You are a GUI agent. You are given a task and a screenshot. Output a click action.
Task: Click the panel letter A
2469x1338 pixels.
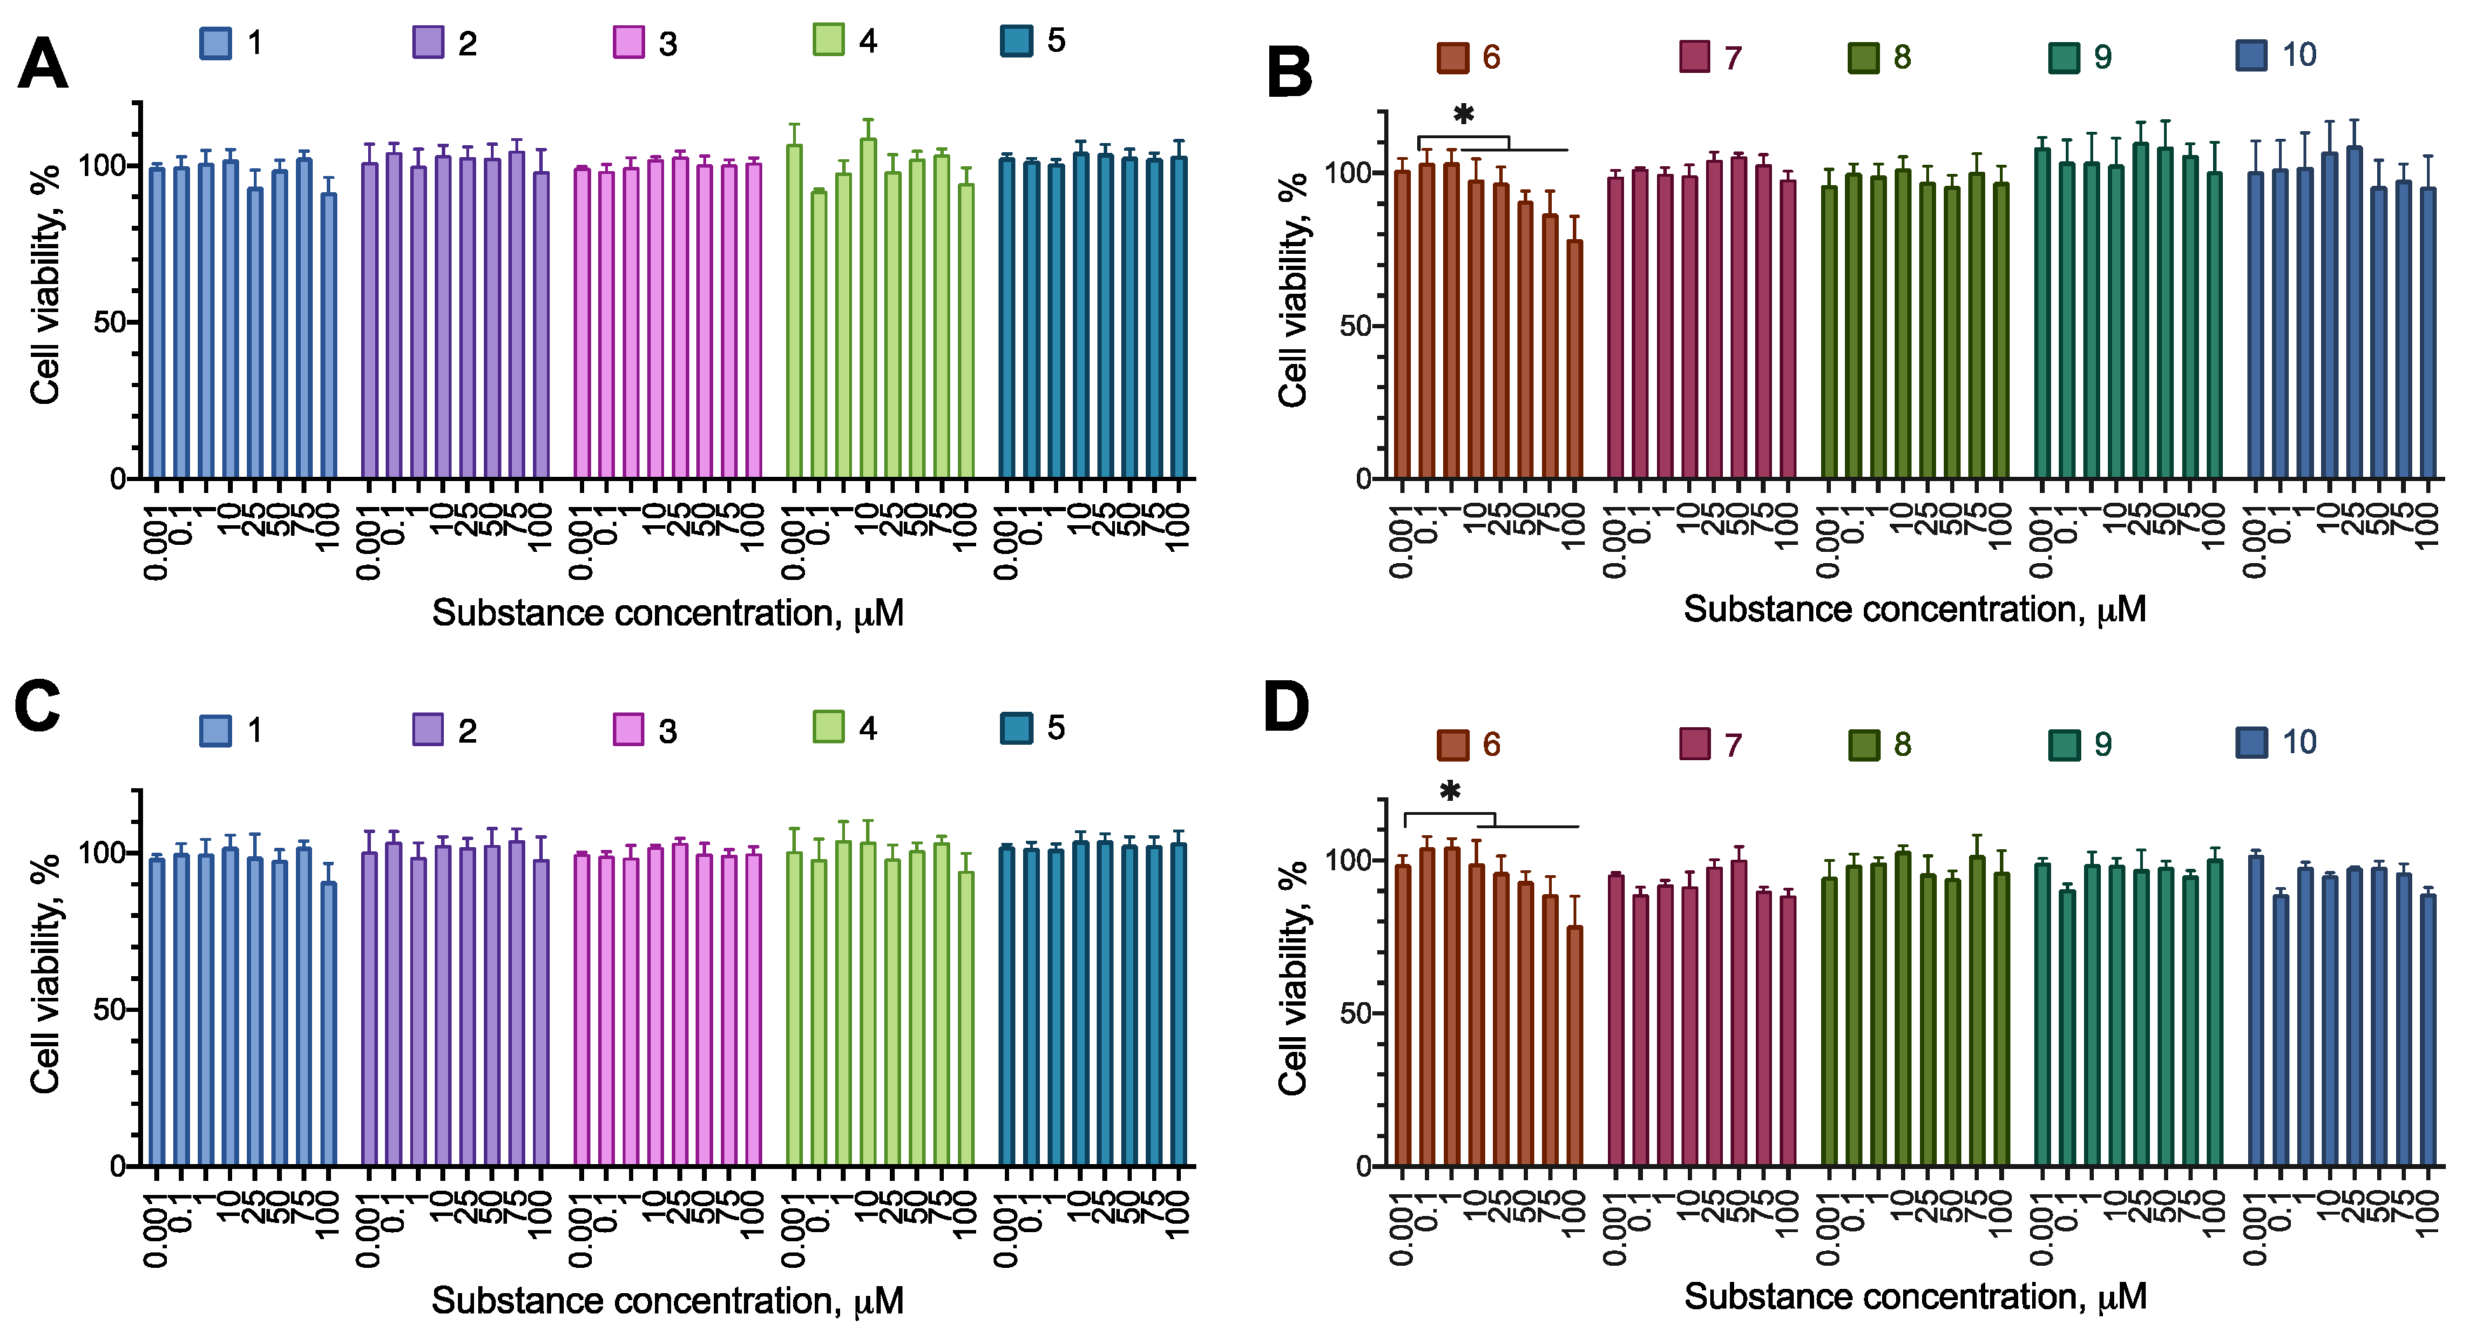(x=43, y=65)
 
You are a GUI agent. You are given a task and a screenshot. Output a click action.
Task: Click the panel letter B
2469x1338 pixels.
(x=1289, y=73)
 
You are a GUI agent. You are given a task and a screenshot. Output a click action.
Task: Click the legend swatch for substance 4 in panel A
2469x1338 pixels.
(x=828, y=40)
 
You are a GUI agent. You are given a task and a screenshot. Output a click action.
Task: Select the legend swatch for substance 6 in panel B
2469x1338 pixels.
(x=1453, y=58)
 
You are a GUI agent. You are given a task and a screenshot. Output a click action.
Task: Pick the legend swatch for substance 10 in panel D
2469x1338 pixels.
(x=2252, y=743)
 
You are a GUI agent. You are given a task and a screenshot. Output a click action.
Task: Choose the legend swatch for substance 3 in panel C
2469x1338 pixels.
(x=628, y=729)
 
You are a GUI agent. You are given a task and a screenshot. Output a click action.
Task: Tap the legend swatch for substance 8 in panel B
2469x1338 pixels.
(x=1863, y=58)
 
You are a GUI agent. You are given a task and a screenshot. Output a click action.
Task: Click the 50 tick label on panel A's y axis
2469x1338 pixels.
(x=109, y=322)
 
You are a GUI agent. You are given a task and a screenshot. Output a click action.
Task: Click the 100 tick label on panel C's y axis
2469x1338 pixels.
(x=102, y=852)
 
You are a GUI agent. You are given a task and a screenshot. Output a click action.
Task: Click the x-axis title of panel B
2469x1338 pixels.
(x=1914, y=609)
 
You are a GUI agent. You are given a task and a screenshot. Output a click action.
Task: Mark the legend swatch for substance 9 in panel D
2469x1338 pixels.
(x=2064, y=745)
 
